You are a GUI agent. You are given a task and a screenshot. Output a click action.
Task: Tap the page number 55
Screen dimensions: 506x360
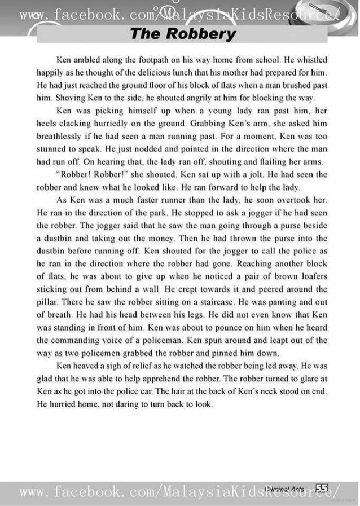click(x=323, y=473)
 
